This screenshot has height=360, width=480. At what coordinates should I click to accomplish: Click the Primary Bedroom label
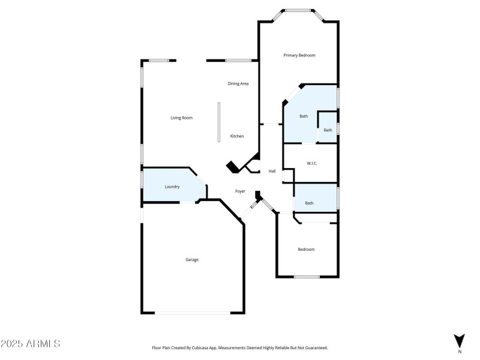tap(299, 55)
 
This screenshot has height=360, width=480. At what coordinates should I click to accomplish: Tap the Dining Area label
tap(238, 83)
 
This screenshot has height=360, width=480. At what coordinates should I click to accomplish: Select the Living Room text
tap(181, 118)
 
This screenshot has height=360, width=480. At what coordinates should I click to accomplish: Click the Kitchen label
tap(237, 136)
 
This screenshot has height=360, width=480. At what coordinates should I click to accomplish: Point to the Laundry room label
tap(172, 187)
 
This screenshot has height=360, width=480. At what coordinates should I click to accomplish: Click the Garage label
tap(192, 260)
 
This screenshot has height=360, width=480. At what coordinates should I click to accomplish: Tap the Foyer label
tap(240, 191)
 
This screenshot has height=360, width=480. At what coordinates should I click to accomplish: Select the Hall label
tap(272, 172)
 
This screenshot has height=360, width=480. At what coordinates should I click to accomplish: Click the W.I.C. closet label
tap(311, 163)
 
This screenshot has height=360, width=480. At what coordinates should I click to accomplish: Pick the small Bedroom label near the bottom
tap(306, 249)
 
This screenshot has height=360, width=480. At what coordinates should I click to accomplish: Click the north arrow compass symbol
tap(460, 340)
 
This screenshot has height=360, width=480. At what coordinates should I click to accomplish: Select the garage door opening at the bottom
tap(192, 313)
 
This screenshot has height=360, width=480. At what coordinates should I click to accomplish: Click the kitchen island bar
tap(219, 122)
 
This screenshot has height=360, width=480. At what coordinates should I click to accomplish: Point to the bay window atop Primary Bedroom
tap(299, 10)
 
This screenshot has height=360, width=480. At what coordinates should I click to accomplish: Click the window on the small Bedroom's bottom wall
tap(307, 277)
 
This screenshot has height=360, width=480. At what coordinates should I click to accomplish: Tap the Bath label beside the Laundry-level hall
tap(309, 203)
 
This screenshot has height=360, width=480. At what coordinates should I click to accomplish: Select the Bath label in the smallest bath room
tap(328, 130)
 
